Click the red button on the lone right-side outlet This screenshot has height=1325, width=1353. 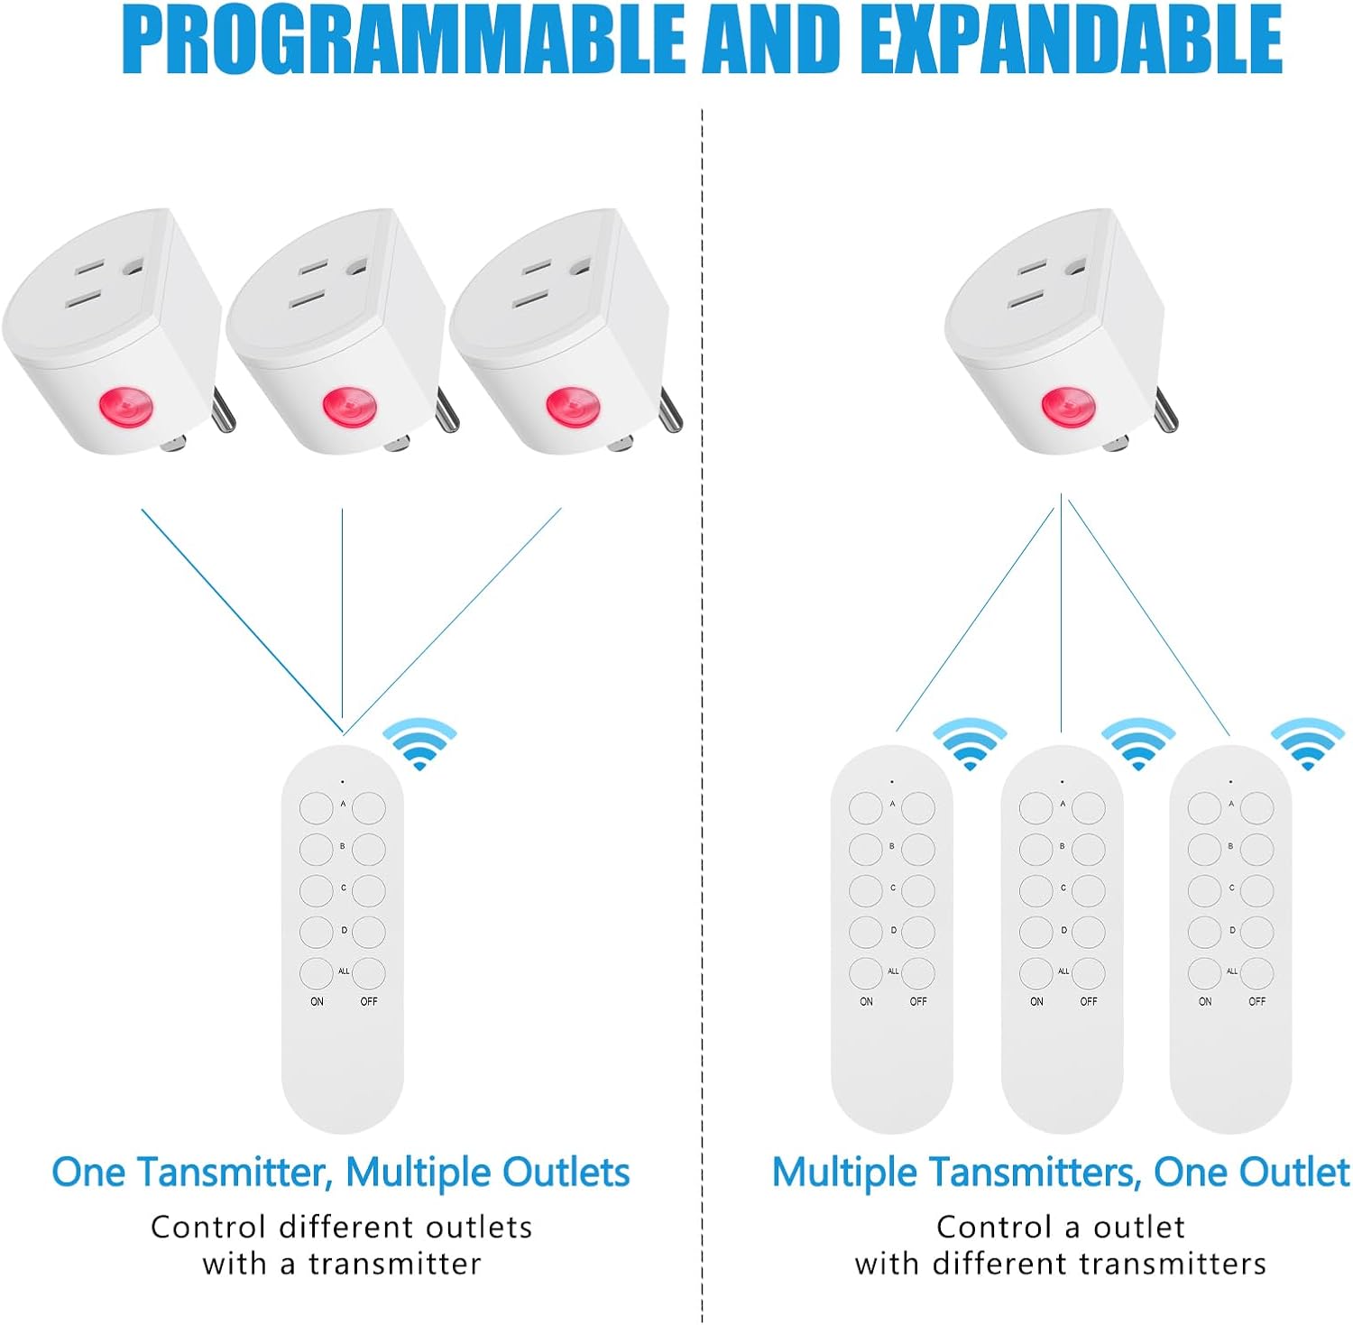click(1068, 407)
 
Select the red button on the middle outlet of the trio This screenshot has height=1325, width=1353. click(349, 407)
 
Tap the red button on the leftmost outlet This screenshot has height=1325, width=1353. click(125, 407)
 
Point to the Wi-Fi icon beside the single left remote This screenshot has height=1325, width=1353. click(420, 744)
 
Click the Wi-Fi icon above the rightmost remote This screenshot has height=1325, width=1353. click(1308, 744)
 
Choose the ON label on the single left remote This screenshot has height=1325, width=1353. click(317, 1001)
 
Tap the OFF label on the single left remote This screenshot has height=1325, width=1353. click(369, 1001)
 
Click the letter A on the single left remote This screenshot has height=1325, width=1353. click(343, 804)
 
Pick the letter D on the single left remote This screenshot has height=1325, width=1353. click(344, 930)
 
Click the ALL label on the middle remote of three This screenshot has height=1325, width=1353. click(1063, 971)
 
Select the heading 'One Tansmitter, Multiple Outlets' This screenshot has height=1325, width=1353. click(341, 1173)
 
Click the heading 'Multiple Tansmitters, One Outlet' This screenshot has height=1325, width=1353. click(1061, 1173)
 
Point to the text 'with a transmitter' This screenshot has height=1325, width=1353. click(342, 1264)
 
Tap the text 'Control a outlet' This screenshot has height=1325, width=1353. click(1061, 1227)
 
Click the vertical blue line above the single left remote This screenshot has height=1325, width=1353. click(342, 620)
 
